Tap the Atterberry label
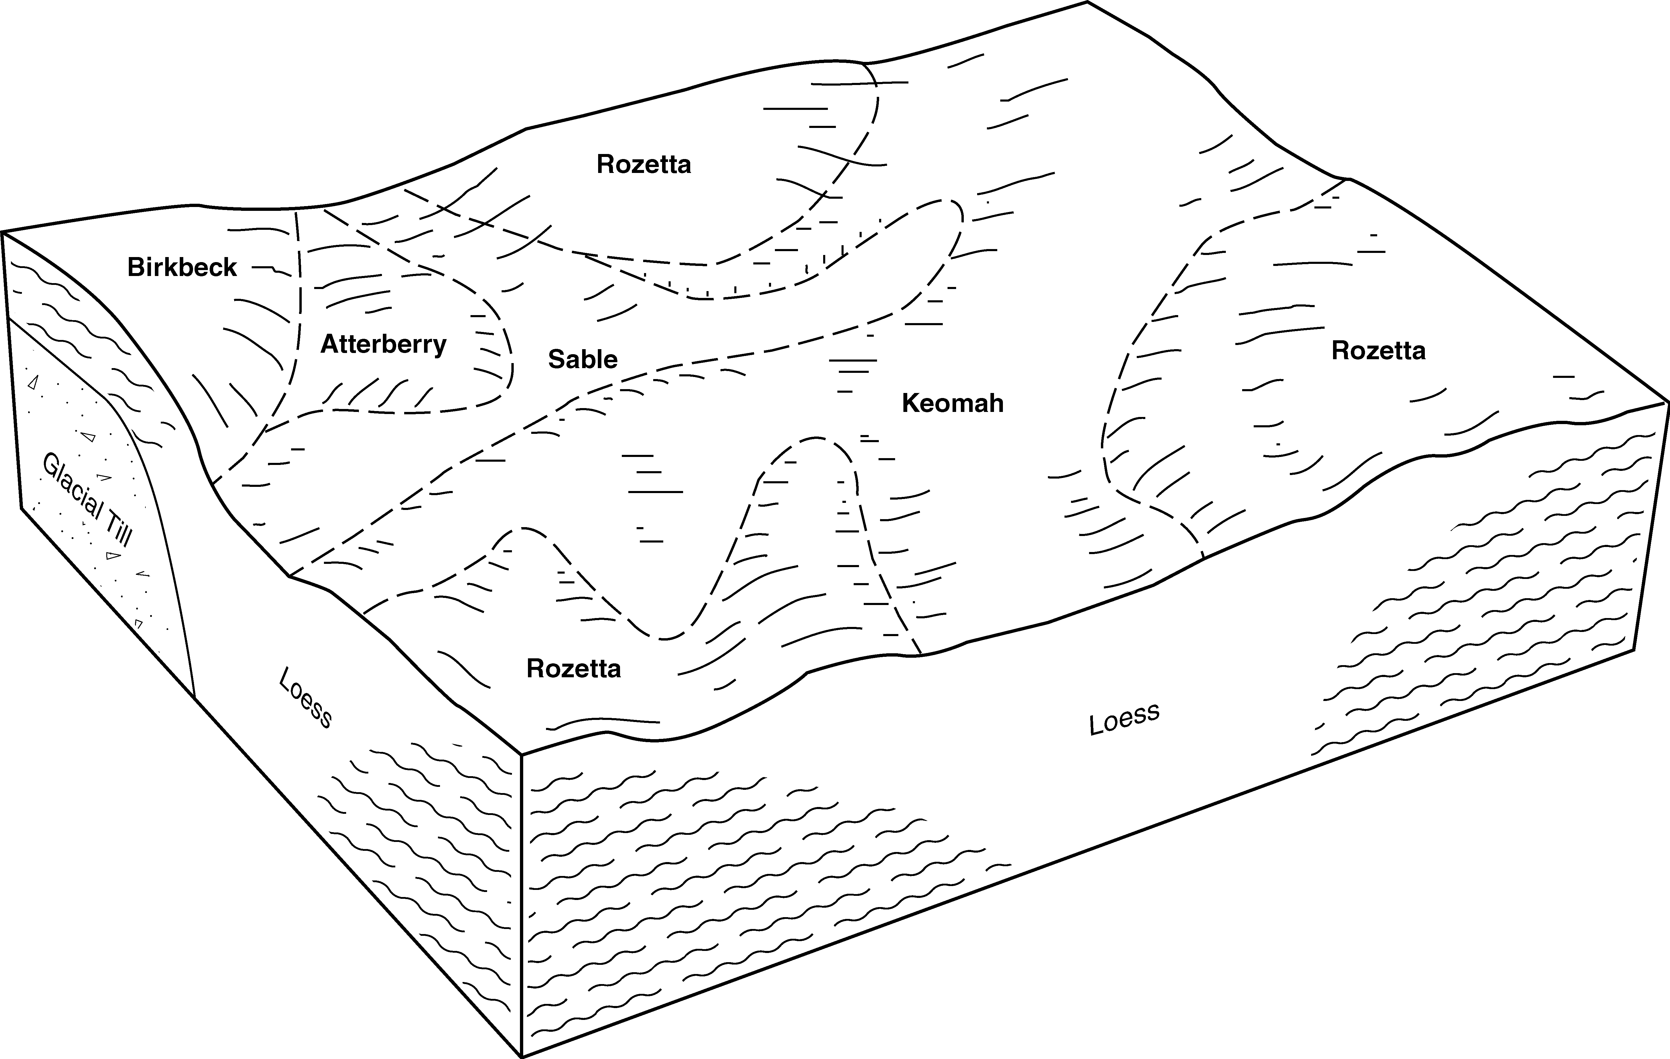tap(383, 344)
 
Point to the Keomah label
tap(952, 403)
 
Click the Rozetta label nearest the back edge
tap(644, 164)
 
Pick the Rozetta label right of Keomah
tap(1378, 351)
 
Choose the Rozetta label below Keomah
tap(574, 669)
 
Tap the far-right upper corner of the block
tap(1667, 401)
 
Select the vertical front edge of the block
tap(521, 905)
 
